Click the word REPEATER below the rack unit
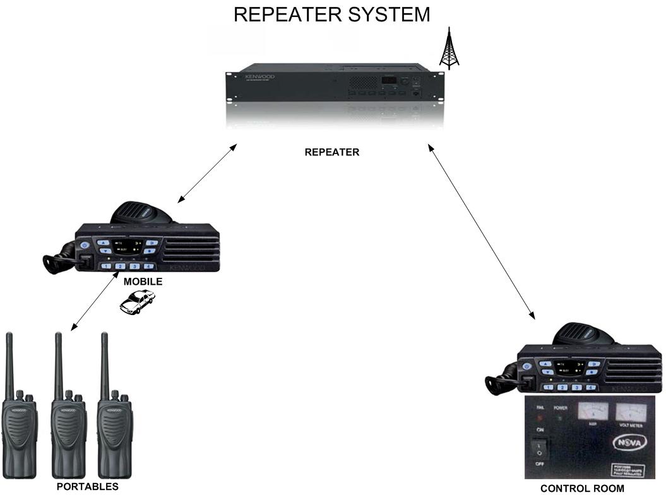tap(332, 152)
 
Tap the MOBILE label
tap(143, 282)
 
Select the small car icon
tap(137, 302)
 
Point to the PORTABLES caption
tap(87, 487)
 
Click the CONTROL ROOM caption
tap(582, 488)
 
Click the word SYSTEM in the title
tap(390, 15)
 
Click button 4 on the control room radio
tap(590, 387)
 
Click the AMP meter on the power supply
tap(593, 414)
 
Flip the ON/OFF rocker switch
tap(539, 448)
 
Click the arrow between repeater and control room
tap(481, 230)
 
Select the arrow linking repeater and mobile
tap(207, 173)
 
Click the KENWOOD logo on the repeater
tap(259, 76)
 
